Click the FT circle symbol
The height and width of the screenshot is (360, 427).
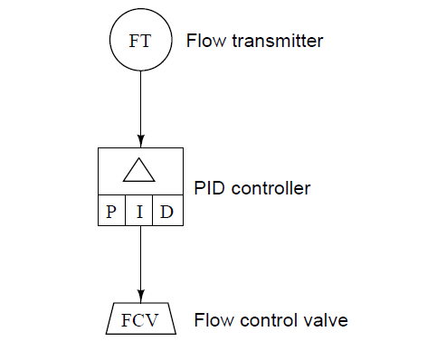point(140,43)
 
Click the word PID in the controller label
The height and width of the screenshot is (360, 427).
point(210,189)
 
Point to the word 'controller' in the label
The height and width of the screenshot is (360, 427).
point(270,189)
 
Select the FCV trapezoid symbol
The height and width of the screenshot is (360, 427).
point(140,321)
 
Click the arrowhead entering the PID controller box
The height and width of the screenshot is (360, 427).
point(140,141)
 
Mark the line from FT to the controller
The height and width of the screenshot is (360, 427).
point(140,104)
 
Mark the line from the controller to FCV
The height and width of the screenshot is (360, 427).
point(140,262)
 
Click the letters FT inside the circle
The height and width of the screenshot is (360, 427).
point(140,43)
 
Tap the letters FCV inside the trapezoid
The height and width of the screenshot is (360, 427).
point(140,322)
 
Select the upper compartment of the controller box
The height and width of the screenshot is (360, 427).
point(140,170)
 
